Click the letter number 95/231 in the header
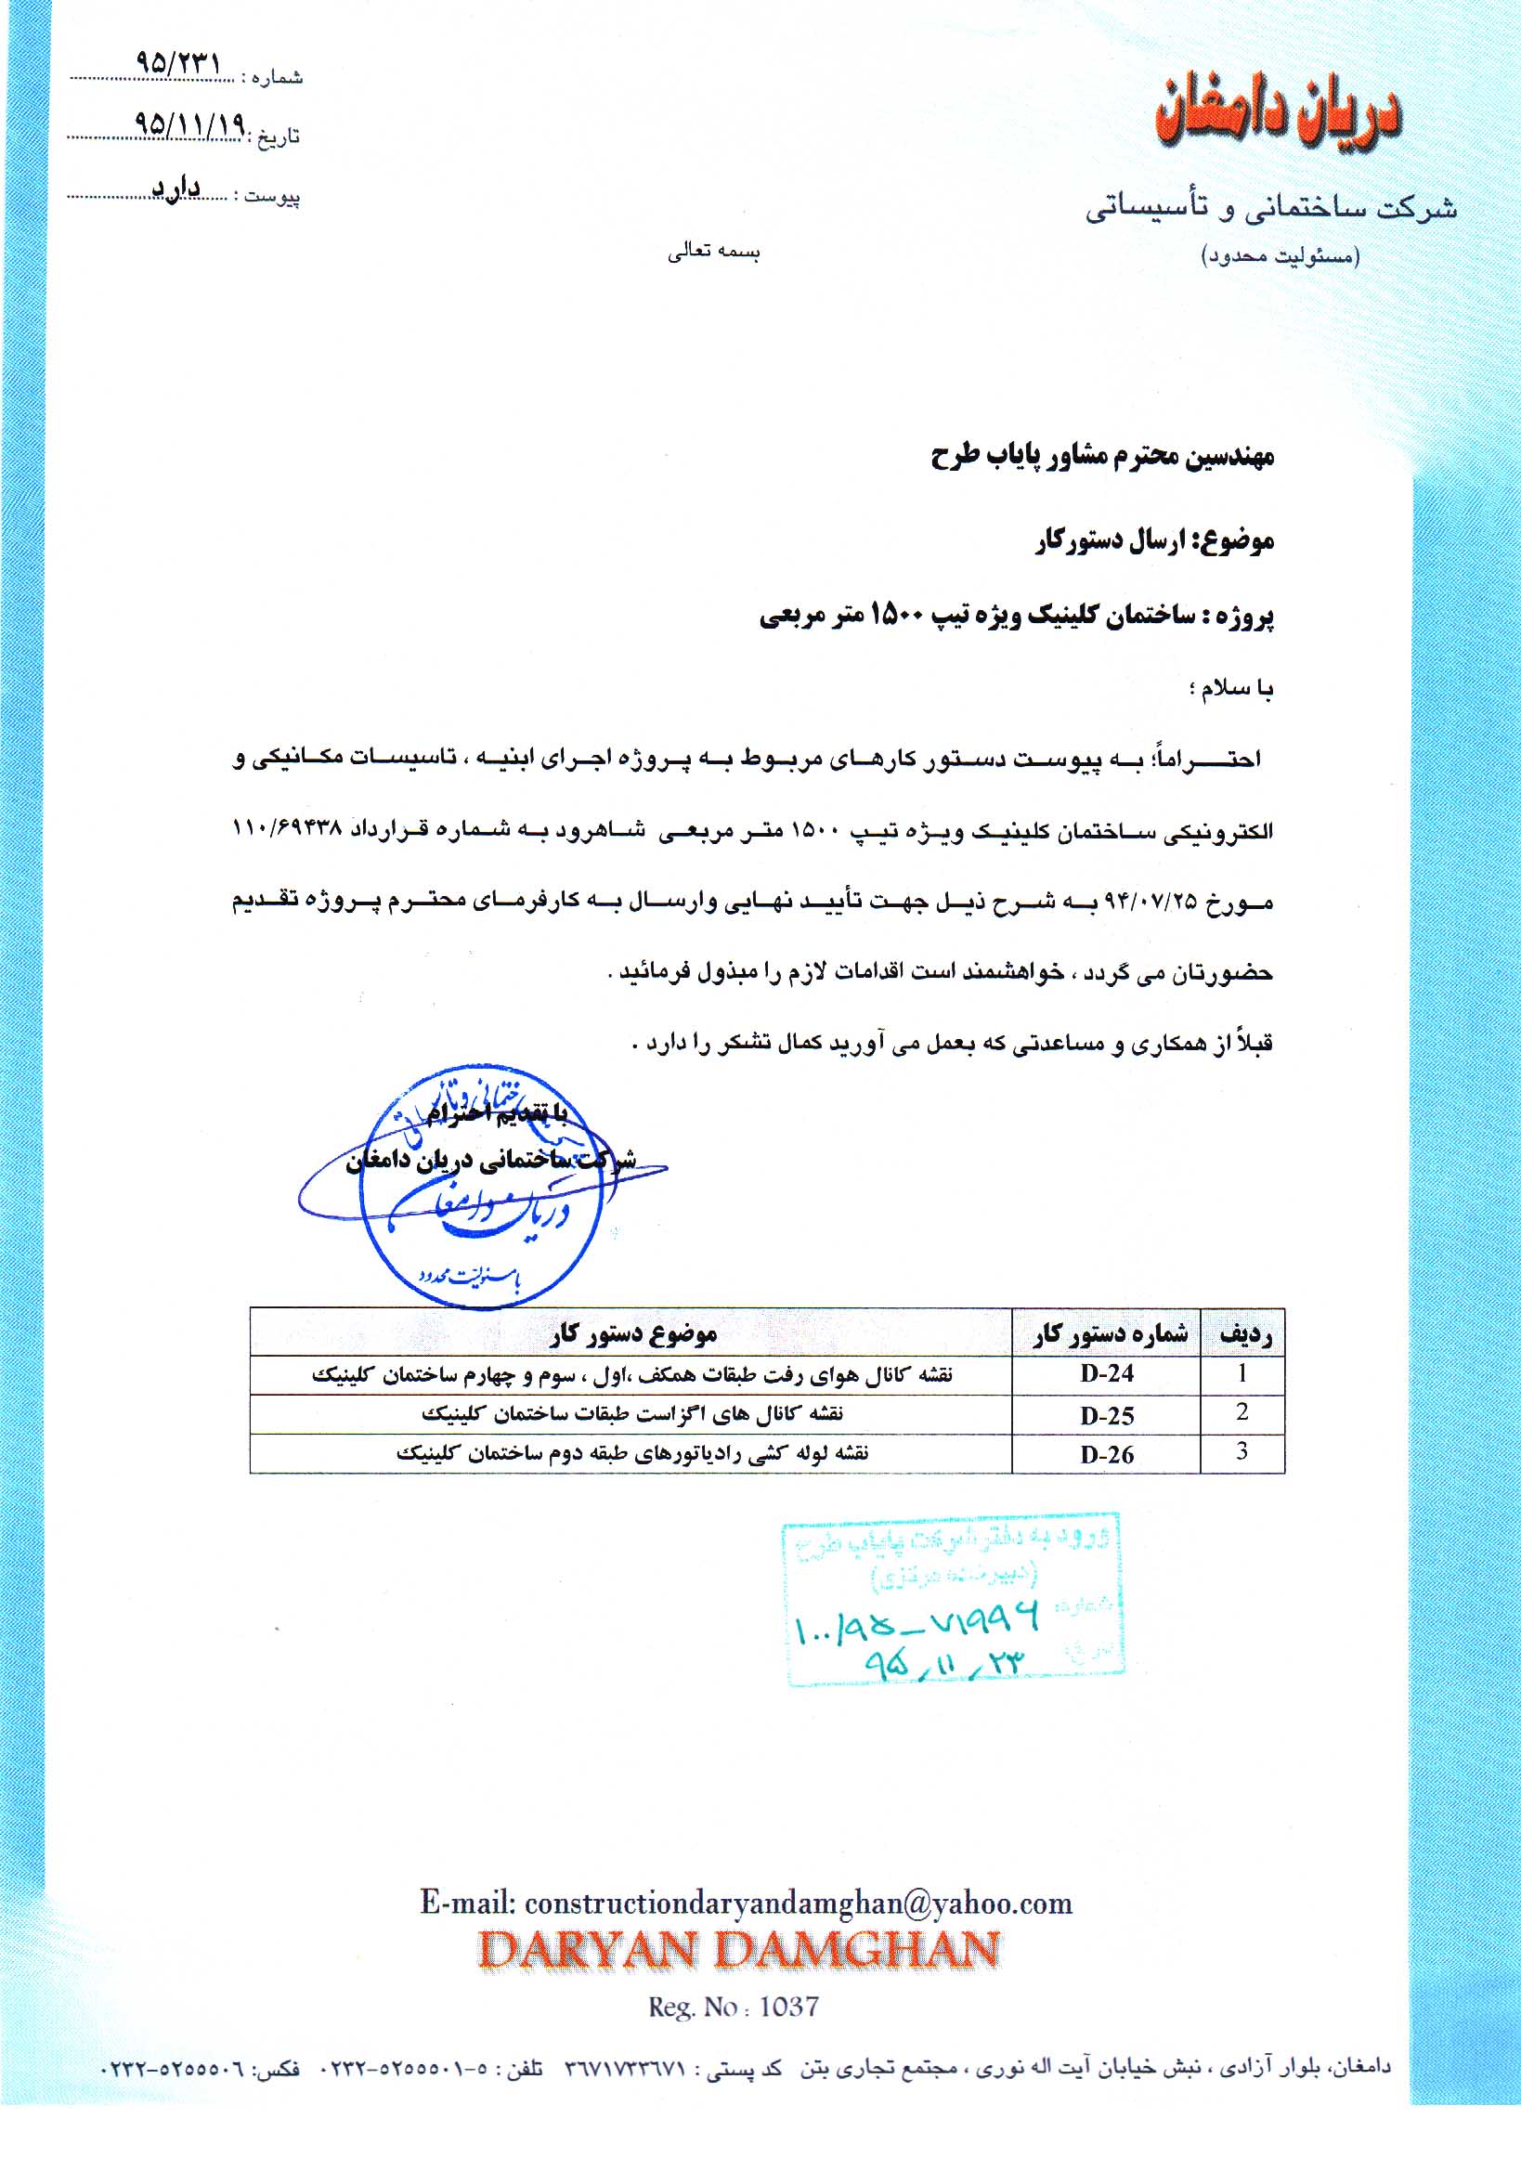click(x=178, y=65)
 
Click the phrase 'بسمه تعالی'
click(x=713, y=253)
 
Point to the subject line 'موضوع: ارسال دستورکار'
click(x=1154, y=541)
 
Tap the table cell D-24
click(x=1107, y=1373)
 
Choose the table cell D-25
click(x=1107, y=1415)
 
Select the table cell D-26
click(x=1107, y=1454)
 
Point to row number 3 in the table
click(x=1242, y=1451)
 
